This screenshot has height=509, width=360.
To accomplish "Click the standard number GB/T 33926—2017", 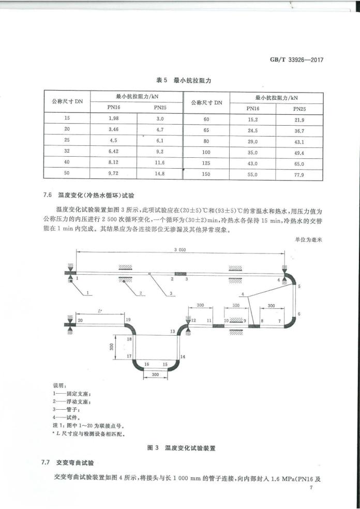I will [299, 59].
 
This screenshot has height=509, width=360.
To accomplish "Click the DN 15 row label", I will [67, 118].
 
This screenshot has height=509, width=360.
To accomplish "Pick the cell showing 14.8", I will [159, 174].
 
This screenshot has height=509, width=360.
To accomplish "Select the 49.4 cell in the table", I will [299, 153].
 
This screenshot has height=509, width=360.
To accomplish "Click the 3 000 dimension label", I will [179, 249].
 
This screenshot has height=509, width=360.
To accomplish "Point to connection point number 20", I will [80, 321].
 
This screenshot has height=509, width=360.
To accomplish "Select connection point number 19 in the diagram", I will [127, 321].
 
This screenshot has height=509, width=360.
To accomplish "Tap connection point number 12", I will [193, 321].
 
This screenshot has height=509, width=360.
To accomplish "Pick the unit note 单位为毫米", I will [308, 239].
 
